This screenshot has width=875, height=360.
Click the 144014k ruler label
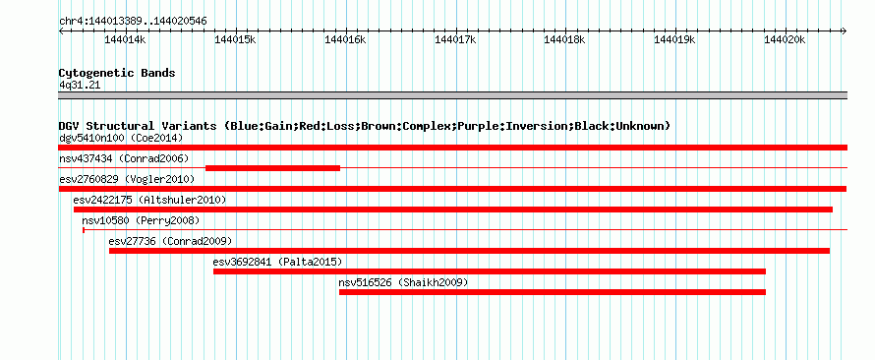pyautogui.click(x=125, y=39)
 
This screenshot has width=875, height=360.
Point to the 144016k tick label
pyautogui.click(x=345, y=39)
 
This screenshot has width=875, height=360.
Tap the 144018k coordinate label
pyautogui.click(x=565, y=39)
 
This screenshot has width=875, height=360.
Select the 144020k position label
pyautogui.click(x=786, y=39)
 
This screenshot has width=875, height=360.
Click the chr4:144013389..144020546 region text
pyautogui.click(x=134, y=22)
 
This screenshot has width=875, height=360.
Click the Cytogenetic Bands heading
pyautogui.click(x=117, y=73)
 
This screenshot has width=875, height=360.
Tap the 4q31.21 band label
pyautogui.click(x=80, y=85)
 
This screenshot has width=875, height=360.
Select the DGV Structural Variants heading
pyautogui.click(x=365, y=126)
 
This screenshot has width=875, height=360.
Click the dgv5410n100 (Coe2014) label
pyautogui.click(x=121, y=138)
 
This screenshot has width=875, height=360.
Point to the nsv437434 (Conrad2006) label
pyautogui.click(x=124, y=159)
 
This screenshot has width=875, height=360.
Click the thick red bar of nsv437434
pyautogui.click(x=273, y=168)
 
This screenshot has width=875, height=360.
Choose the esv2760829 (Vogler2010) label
pyautogui.click(x=127, y=179)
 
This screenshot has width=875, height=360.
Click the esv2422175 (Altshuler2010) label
pyautogui.click(x=149, y=200)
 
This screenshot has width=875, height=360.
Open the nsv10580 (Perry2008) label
pyautogui.click(x=141, y=221)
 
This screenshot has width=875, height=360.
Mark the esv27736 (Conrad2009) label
pyautogui.click(x=170, y=242)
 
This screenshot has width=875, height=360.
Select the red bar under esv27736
pyautogui.click(x=469, y=251)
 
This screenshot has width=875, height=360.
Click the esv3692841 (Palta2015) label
pyautogui.click(x=277, y=262)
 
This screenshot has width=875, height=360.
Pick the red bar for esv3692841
pyautogui.click(x=490, y=271)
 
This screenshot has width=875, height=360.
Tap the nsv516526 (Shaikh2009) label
pyautogui.click(x=403, y=283)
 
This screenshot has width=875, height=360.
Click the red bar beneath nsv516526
pyautogui.click(x=553, y=292)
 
